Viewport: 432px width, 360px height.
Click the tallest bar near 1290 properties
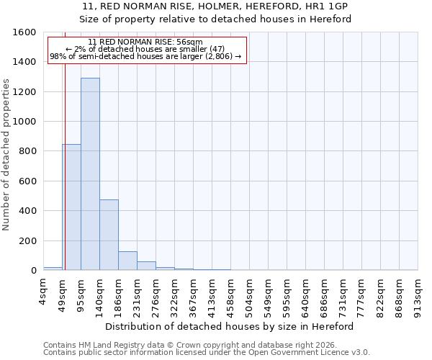tap(90, 174)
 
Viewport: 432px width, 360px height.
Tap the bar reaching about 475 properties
tap(109, 235)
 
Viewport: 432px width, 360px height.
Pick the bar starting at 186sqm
tap(127, 261)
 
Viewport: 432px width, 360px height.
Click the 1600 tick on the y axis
tap(27, 32)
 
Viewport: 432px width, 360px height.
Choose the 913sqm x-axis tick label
tap(418, 291)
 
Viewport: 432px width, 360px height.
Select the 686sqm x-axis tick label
tap(325, 291)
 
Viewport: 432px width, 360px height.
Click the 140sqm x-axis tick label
tap(100, 291)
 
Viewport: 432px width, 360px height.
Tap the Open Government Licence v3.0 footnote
tap(207, 353)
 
